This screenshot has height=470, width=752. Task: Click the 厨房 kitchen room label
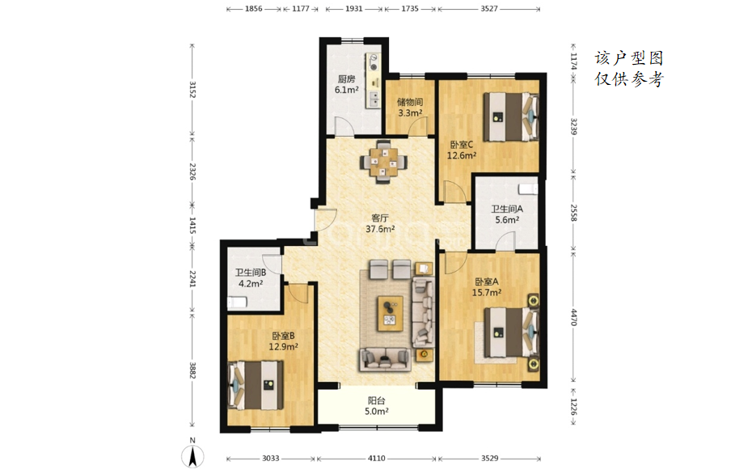(346, 79)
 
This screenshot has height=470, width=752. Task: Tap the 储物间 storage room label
(410, 102)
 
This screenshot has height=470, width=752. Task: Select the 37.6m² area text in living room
(380, 229)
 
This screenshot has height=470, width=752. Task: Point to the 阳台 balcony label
(377, 400)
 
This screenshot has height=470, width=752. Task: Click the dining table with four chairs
(383, 162)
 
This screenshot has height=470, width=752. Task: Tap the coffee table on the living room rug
(390, 314)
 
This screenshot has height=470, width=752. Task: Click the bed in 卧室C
(511, 116)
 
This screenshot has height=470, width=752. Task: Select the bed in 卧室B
(256, 385)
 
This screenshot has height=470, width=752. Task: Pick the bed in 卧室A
(511, 332)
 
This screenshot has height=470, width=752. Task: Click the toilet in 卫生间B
(237, 303)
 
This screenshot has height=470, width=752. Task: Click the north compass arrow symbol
(192, 455)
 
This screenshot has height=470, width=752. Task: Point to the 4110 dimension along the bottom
(377, 459)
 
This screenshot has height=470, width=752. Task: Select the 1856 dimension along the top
(254, 9)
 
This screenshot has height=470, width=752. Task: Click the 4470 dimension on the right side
(573, 317)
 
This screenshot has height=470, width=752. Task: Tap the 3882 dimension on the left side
(192, 370)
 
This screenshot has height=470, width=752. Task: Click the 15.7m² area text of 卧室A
(487, 292)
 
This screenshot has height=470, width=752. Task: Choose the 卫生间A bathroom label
(507, 209)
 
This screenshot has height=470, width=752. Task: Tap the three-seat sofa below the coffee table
(385, 358)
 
